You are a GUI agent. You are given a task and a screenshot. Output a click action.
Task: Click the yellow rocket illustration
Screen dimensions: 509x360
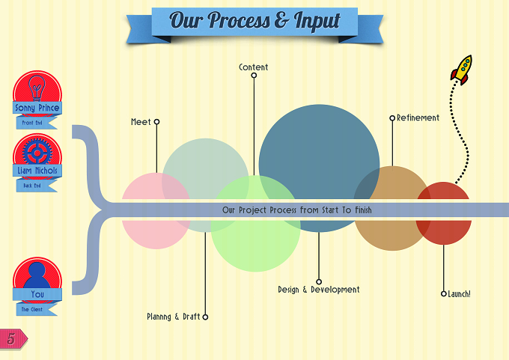click(x=462, y=70)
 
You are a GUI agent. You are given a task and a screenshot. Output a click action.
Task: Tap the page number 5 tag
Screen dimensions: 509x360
click(x=13, y=338)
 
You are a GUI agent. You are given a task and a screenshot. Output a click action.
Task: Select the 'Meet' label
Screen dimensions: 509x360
click(x=141, y=122)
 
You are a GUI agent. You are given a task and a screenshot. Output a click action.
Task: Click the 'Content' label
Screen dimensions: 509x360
click(x=254, y=67)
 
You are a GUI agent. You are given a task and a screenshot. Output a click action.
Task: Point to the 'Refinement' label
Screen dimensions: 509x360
click(x=418, y=118)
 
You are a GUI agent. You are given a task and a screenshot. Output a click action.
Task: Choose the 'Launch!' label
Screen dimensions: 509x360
click(x=459, y=294)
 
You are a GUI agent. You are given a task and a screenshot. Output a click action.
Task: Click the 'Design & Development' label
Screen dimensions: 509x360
click(x=319, y=290)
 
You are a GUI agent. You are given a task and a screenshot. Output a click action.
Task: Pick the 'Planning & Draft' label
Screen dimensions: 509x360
click(x=174, y=317)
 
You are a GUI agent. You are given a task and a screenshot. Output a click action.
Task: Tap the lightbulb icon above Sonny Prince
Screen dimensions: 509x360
click(x=37, y=88)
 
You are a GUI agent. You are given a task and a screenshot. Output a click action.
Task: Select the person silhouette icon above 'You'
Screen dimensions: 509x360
click(x=37, y=275)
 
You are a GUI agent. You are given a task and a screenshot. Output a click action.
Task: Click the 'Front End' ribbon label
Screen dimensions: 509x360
click(x=32, y=123)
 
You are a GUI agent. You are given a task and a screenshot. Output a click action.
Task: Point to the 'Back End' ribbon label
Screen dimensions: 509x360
click(x=32, y=186)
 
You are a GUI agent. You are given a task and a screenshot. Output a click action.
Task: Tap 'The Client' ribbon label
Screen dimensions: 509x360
click(x=32, y=309)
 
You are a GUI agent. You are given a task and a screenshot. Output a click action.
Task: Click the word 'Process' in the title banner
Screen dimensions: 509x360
click(x=239, y=22)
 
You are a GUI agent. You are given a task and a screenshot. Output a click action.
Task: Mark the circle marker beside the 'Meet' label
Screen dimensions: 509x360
click(x=156, y=122)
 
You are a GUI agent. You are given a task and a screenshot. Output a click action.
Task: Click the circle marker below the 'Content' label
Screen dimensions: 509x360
click(x=254, y=76)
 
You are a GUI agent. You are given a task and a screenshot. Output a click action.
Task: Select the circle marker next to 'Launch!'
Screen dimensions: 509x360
click(x=444, y=294)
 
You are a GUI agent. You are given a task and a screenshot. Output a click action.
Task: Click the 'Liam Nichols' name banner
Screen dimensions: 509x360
click(x=37, y=171)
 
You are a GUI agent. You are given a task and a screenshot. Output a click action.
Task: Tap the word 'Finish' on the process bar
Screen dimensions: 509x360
click(x=363, y=210)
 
